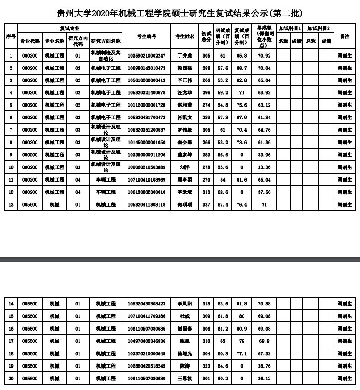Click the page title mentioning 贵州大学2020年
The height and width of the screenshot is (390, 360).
180,12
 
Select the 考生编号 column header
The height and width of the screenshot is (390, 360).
146,36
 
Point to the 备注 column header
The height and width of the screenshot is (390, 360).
344,36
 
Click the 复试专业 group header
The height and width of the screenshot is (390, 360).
70,28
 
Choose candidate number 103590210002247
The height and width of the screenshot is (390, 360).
146,56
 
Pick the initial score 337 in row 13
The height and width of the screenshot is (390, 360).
206,204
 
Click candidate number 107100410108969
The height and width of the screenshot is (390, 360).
146,180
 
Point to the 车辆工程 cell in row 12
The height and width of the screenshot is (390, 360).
106,192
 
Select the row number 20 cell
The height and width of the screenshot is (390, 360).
11,378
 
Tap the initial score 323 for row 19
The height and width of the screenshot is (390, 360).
206,366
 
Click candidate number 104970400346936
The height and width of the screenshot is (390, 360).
146,341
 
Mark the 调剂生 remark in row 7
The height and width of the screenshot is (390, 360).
344,130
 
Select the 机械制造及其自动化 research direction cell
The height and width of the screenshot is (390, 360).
106,56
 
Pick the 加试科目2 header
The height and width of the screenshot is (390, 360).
318,28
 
